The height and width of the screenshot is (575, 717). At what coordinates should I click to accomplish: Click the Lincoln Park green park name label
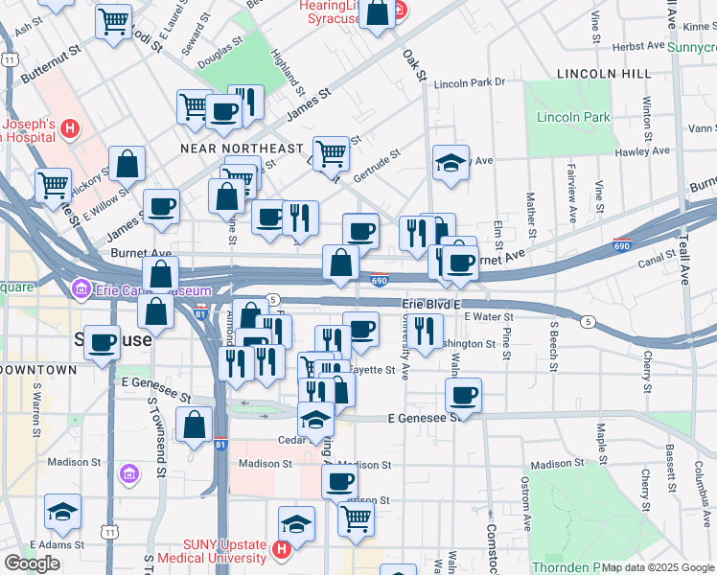(573, 117)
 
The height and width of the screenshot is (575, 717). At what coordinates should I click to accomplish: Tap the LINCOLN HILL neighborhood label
(597, 74)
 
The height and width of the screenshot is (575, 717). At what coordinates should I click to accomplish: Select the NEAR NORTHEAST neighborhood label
(242, 149)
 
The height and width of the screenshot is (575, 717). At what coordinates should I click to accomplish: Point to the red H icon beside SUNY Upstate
(281, 550)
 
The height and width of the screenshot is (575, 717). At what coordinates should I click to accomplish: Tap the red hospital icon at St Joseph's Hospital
(69, 128)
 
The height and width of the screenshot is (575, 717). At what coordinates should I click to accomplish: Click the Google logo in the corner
(32, 563)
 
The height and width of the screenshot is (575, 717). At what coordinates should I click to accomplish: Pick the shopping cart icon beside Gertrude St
(330, 150)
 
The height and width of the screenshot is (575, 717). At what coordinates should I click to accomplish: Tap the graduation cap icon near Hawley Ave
(450, 161)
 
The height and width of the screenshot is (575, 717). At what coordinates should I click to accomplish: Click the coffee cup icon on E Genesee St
(463, 394)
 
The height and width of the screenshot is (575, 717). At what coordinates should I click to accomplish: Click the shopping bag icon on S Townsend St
(194, 425)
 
